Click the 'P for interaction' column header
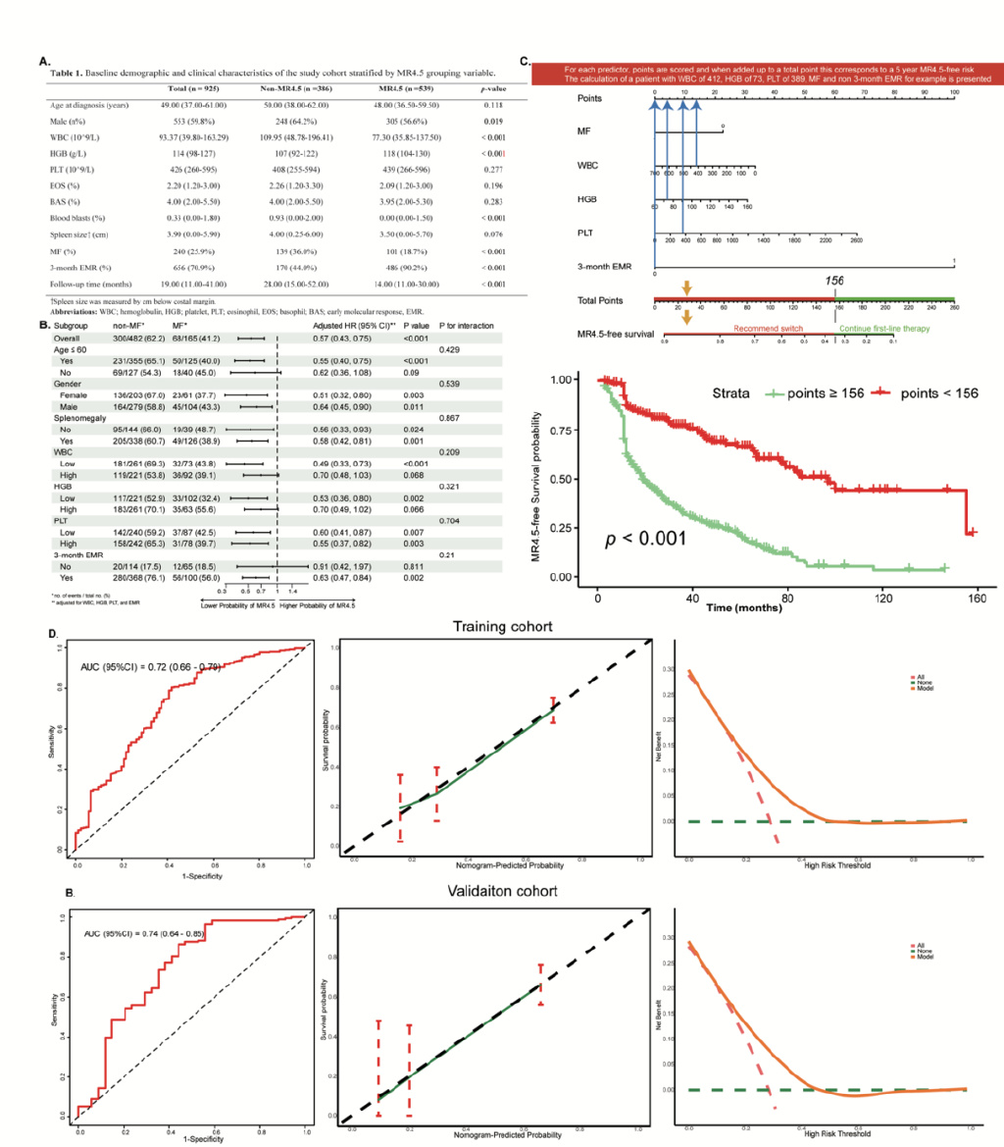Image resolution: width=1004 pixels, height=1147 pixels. [466, 324]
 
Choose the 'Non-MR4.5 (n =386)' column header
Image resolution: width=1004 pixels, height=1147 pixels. [302, 89]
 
